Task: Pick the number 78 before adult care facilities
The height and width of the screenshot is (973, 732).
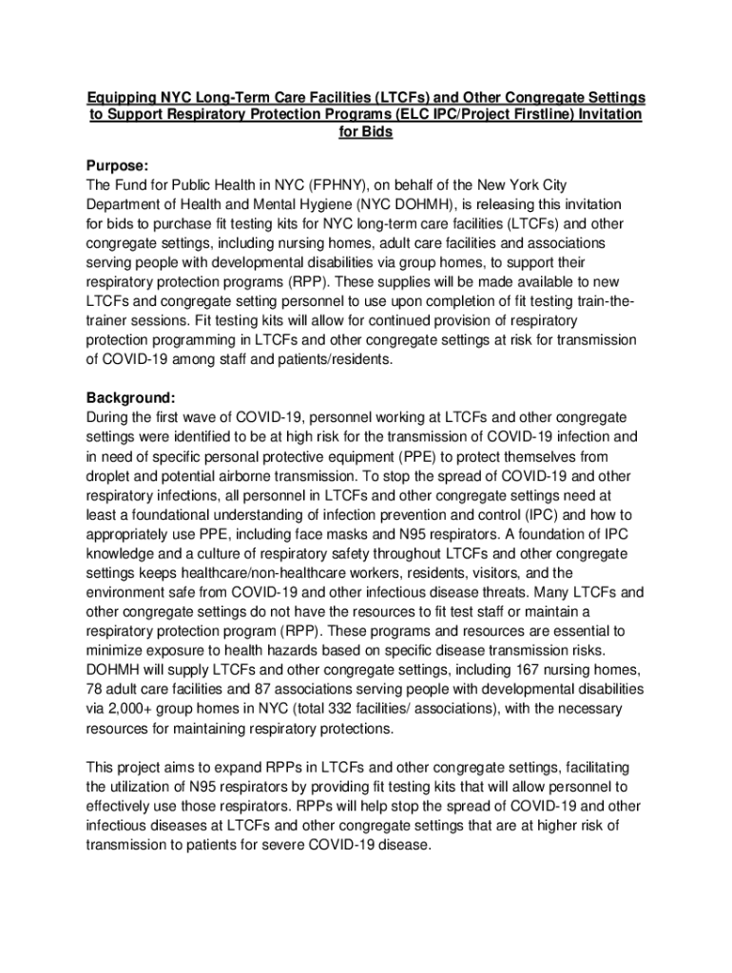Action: pyautogui.click(x=95, y=689)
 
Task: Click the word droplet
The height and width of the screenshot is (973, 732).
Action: pyautogui.click(x=110, y=476)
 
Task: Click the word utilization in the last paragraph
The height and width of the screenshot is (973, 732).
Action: pyautogui.click(x=144, y=787)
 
